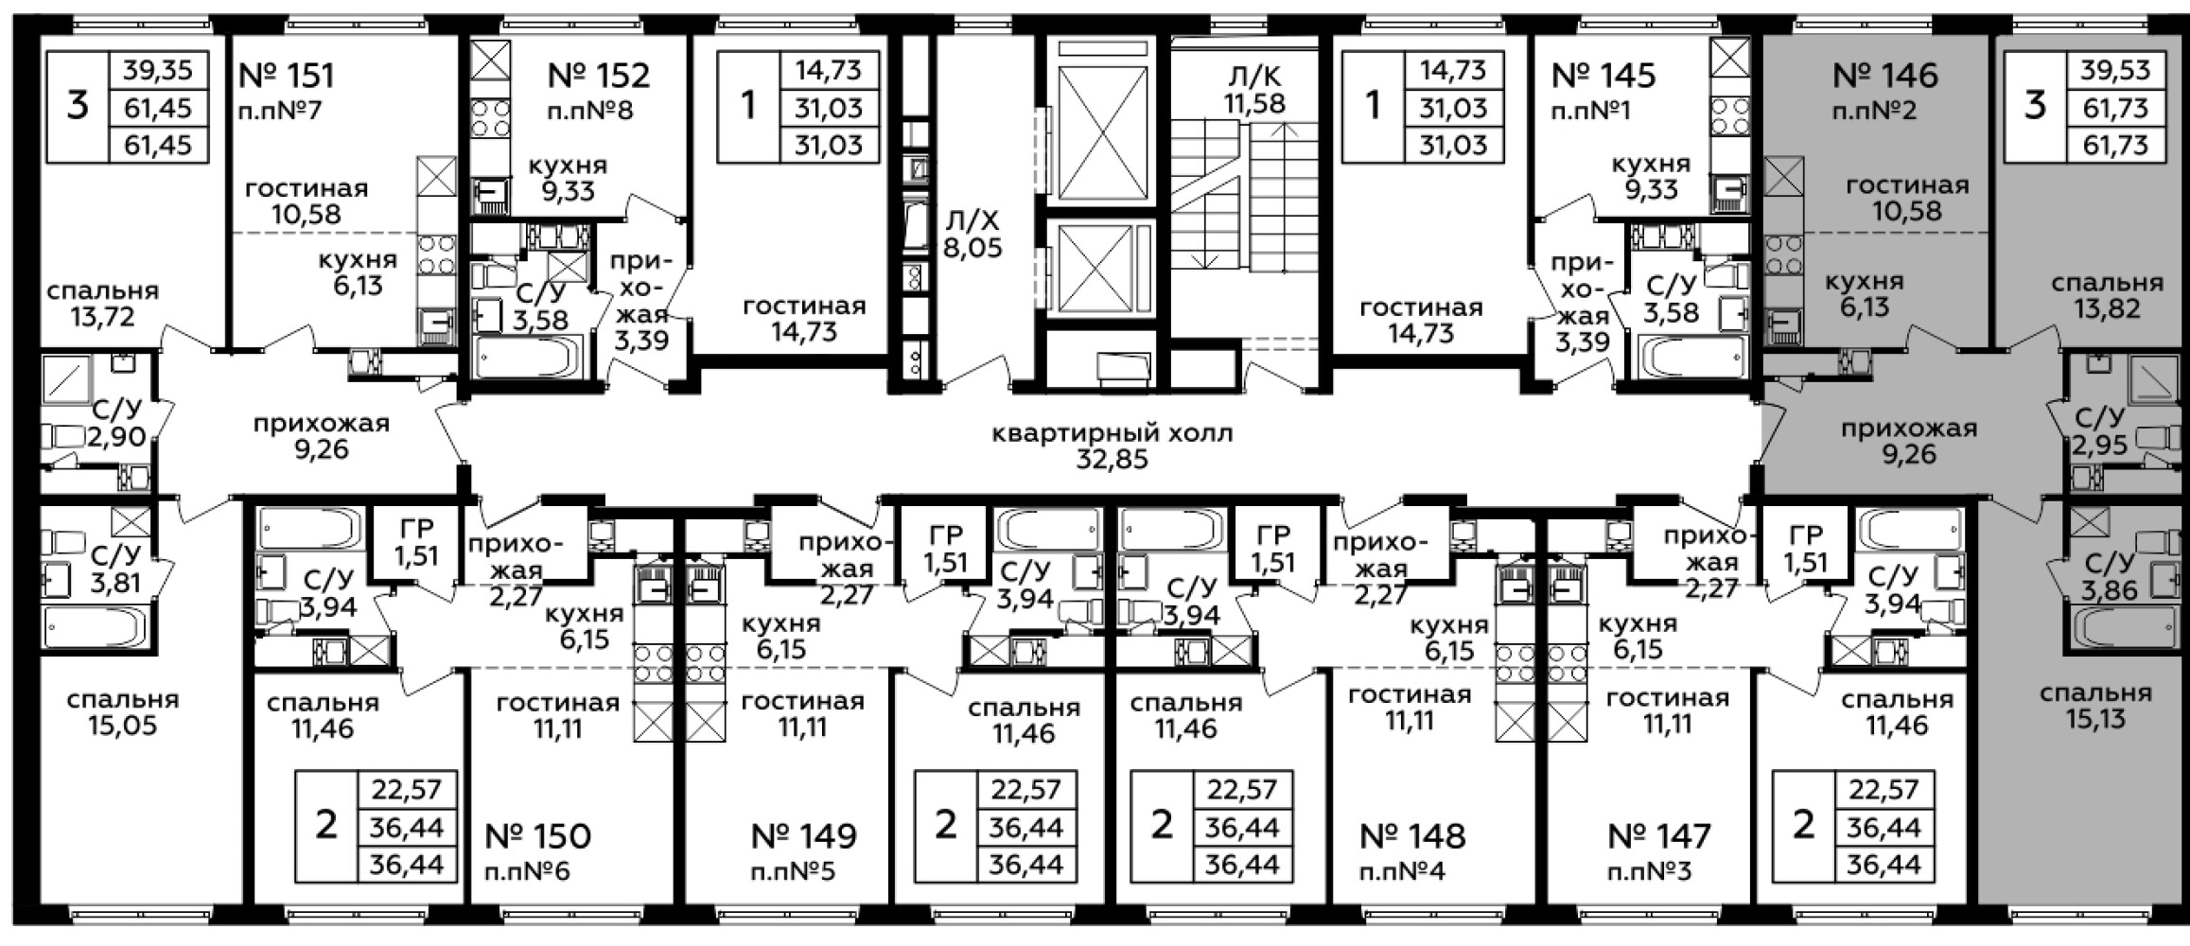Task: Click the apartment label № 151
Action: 288,75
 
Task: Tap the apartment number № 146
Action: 1885,75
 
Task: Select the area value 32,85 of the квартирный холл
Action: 1113,460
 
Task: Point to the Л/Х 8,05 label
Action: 972,235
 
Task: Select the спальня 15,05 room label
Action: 123,712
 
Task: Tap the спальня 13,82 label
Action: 2108,295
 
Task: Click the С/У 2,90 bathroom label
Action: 116,423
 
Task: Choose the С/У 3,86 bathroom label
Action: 2107,577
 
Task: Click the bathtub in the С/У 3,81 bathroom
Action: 95,625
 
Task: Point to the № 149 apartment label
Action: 804,836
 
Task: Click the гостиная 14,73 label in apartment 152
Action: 804,319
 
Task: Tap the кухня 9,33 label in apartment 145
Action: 1651,177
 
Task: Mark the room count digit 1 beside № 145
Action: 1373,106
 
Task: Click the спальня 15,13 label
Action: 2095,706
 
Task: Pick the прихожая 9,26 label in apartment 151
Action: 322,436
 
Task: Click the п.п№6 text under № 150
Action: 527,871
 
